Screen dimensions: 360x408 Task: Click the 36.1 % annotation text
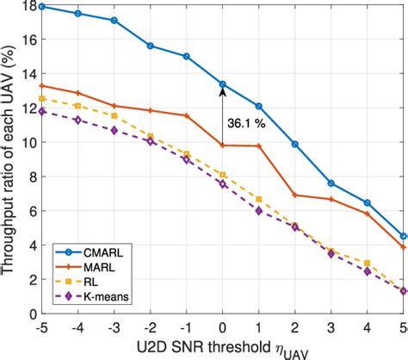[247, 124]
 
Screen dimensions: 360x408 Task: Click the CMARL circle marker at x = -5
[41, 6]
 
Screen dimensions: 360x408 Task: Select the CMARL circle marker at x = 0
[223, 84]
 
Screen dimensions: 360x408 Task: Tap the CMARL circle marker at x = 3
[331, 183]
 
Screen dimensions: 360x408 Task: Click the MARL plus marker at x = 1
[259, 146]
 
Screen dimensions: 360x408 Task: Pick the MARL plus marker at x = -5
[41, 85]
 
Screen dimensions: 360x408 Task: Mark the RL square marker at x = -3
[114, 115]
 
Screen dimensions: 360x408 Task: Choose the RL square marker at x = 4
[368, 264]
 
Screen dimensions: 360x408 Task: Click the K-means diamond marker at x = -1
[187, 159]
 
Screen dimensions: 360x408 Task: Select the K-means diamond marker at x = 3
[331, 254]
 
